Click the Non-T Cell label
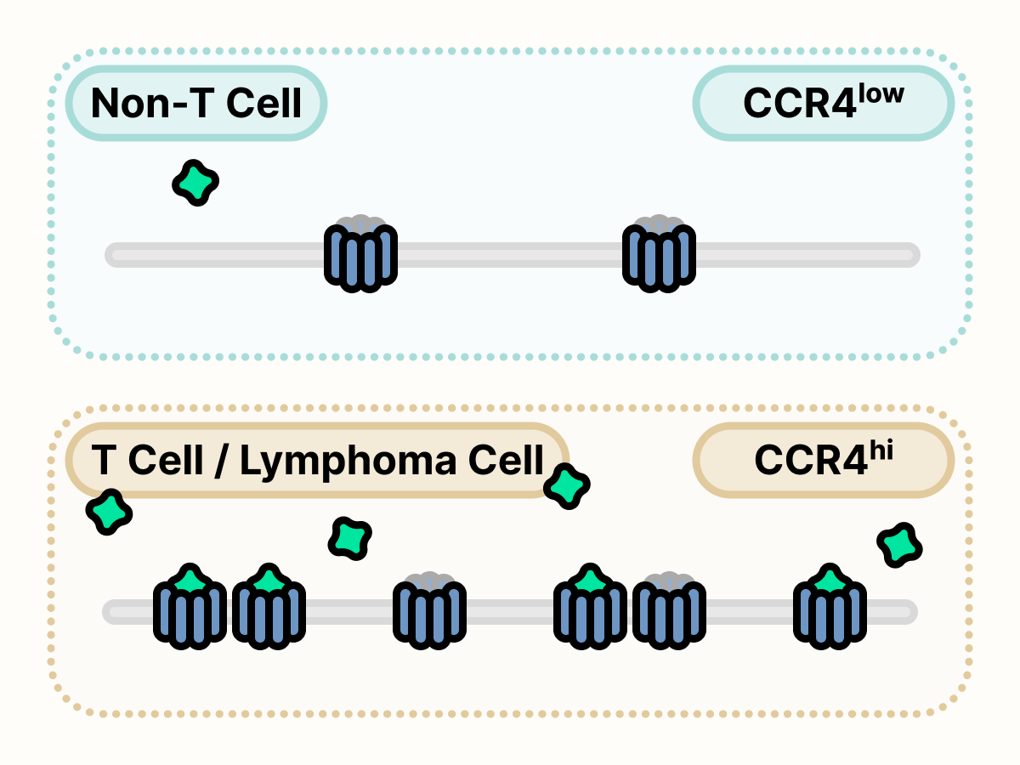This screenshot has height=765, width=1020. click(196, 104)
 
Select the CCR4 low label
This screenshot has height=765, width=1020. click(823, 104)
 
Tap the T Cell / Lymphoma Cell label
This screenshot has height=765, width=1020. click(317, 461)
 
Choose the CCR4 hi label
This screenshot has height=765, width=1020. click(823, 461)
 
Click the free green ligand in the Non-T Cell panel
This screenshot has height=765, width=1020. click(196, 182)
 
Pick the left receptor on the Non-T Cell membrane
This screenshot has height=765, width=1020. click(360, 255)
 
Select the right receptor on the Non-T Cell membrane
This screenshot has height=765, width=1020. click(659, 255)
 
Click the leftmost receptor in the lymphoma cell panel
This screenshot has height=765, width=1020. click(190, 612)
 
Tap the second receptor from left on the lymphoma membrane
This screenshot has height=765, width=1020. click(269, 612)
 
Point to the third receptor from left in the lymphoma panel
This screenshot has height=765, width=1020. click(429, 612)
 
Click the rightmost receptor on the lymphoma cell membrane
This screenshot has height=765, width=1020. click(830, 612)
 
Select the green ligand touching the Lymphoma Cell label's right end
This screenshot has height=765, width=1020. click(566, 486)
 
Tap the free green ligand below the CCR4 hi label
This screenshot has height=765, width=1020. click(899, 545)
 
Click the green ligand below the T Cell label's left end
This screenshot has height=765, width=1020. click(110, 512)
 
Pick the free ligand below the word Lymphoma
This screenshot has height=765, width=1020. click(350, 537)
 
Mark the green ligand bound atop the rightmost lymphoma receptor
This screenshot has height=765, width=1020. click(830, 581)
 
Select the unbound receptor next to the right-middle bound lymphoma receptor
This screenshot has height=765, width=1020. click(669, 612)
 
